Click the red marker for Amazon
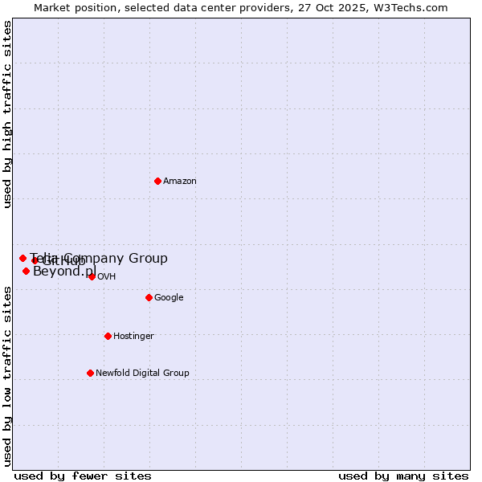point(157,181)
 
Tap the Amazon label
point(180,182)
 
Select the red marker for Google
point(149,297)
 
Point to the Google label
point(169,298)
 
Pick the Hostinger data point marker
point(108,336)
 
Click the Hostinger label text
point(133,337)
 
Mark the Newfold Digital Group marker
point(90,373)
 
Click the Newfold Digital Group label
point(142,373)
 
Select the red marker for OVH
point(92,276)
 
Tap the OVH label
point(107,277)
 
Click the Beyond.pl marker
point(26,271)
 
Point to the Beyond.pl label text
point(64,272)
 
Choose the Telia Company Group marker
point(22,258)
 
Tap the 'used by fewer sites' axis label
point(83,476)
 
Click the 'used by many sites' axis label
point(403,476)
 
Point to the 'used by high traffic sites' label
point(7,114)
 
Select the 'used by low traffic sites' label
point(7,375)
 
